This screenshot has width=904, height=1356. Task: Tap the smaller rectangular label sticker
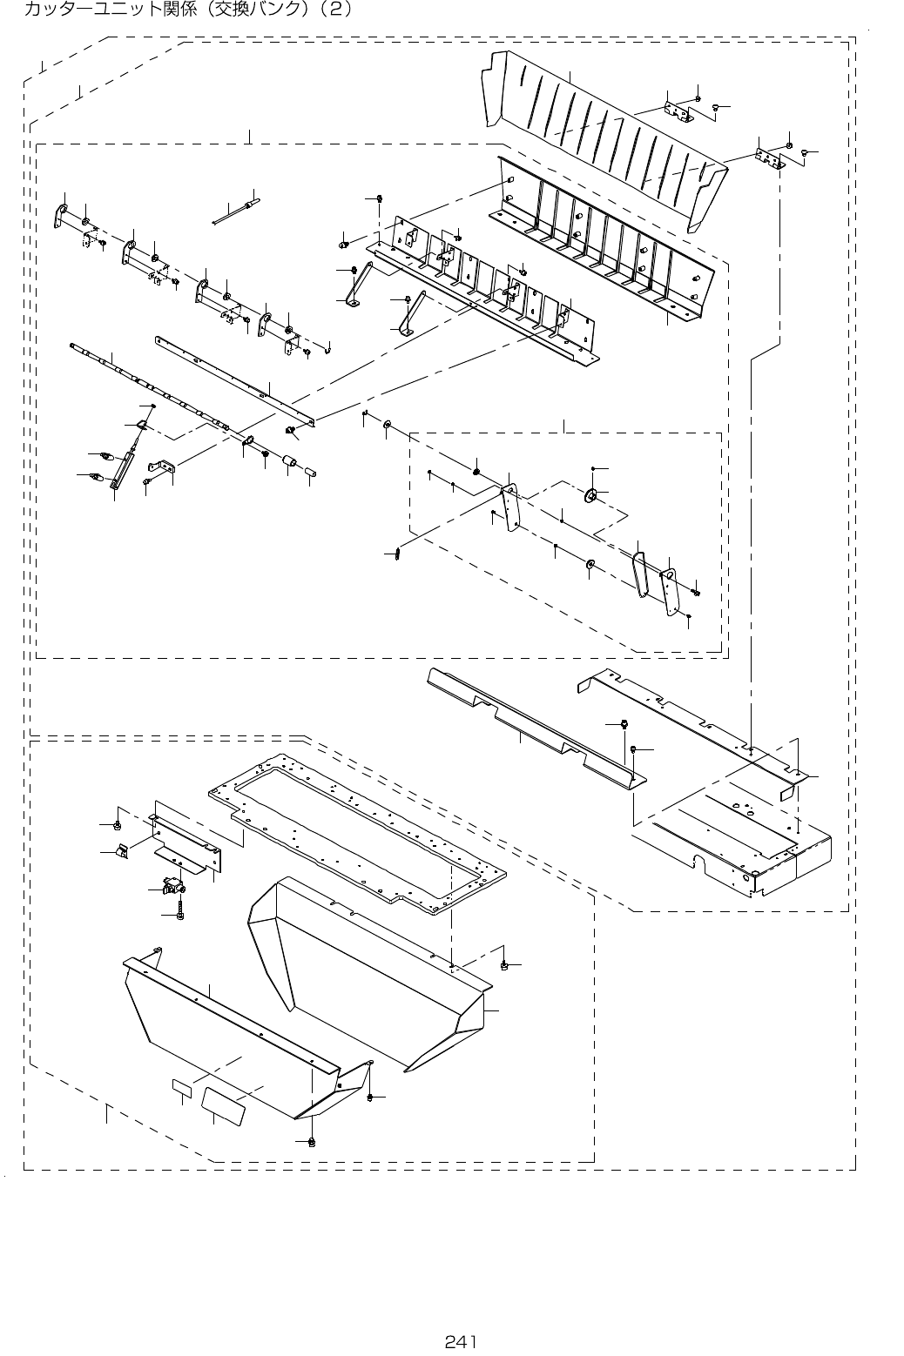pos(182,1087)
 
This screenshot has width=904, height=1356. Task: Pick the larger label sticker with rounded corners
pos(224,1101)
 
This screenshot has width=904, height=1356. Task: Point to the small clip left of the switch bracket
pos(122,849)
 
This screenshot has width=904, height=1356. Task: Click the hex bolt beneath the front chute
pos(312,1141)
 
